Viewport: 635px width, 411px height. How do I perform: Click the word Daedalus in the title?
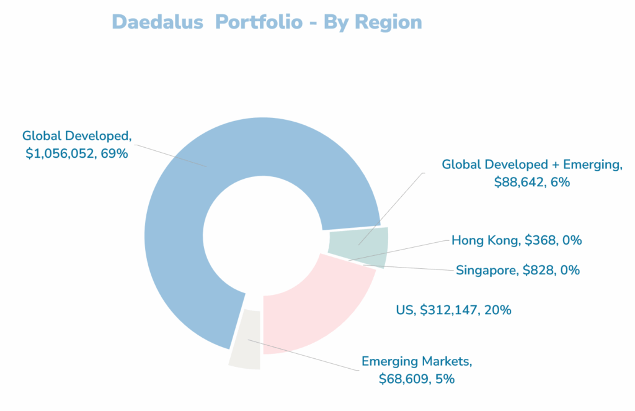[x=158, y=22]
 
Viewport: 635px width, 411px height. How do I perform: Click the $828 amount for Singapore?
[x=538, y=270]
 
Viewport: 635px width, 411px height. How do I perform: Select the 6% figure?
[x=557, y=182]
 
